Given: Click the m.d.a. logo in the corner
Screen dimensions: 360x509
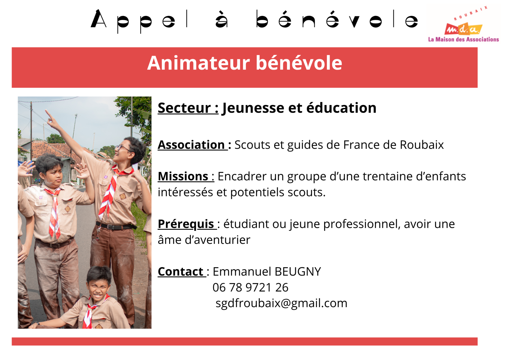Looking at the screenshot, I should point(463,29).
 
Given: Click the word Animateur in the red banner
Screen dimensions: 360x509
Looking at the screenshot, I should point(198,63).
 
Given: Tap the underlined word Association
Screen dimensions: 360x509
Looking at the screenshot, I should point(191,145).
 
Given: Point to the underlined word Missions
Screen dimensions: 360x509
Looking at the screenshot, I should point(183,176).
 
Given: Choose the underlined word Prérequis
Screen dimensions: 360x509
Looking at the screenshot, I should point(186,224).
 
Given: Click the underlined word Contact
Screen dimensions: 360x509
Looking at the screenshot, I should point(181,272).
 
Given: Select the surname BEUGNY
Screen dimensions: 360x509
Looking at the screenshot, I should point(298,272).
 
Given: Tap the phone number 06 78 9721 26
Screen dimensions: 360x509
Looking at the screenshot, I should point(250,288).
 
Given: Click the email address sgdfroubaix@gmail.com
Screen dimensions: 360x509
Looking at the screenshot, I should point(281,303).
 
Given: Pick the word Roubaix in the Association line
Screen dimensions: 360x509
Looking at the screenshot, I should point(422,145).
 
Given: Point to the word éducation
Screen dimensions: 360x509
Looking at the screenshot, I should point(341,108).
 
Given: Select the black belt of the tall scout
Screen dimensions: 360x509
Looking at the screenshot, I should point(115,227).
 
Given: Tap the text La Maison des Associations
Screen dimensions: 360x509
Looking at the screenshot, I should point(463,40).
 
